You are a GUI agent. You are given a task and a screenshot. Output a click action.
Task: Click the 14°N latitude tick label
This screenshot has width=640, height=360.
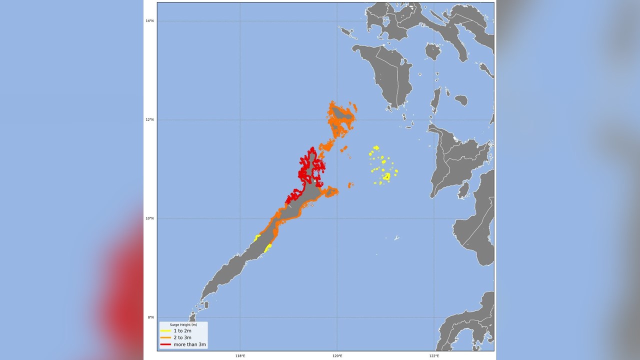coord(149,21)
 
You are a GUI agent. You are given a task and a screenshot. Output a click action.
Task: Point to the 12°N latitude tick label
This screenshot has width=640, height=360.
coord(149,120)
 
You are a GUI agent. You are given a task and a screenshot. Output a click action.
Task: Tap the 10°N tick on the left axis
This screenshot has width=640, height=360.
coord(149,218)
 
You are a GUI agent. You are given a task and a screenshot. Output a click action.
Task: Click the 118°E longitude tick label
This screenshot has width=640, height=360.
coord(240,355)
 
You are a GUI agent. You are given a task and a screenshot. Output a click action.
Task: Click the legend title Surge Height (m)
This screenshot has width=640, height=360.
coord(183,325)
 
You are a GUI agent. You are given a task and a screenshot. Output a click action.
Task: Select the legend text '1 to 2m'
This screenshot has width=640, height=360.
coord(182,331)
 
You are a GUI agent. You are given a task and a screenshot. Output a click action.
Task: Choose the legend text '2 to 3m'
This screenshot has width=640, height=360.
coord(182,337)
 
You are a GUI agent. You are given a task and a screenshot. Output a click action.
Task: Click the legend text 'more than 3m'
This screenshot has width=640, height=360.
coord(189,344)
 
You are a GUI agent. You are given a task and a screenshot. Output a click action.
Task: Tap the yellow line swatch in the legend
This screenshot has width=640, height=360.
coord(165,331)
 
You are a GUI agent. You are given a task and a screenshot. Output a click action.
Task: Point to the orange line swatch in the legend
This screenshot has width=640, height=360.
coord(165,337)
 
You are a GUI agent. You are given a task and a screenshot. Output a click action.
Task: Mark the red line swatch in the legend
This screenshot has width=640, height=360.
coord(165,344)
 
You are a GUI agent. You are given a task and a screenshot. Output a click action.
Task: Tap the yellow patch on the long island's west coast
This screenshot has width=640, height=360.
coord(257,238)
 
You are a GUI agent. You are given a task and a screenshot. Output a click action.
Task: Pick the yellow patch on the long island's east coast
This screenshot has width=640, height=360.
coord(268,247)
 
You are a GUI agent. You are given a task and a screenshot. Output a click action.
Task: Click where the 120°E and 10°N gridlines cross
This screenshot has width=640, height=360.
coord(337,218)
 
